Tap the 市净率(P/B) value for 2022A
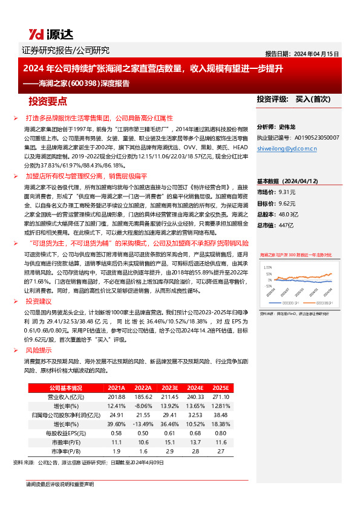pos(143,451)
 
